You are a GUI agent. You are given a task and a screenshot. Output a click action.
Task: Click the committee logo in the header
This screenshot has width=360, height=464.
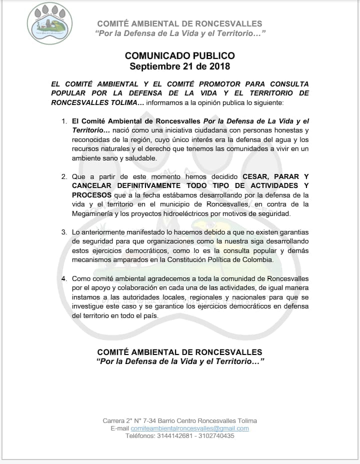point(49,23)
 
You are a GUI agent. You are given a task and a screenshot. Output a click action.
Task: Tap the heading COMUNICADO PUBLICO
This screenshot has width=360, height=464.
point(179,55)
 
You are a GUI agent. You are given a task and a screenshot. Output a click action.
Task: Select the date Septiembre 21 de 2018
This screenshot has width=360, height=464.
point(179,66)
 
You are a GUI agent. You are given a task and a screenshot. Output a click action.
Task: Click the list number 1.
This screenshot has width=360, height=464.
point(63,121)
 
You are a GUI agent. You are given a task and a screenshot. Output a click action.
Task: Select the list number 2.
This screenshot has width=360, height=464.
point(63,176)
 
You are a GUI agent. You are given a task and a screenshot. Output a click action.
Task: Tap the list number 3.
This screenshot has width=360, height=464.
point(63,232)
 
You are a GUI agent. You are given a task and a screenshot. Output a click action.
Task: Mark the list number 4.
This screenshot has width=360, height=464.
point(63,278)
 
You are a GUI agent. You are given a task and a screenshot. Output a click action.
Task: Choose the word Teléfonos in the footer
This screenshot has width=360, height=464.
point(141,436)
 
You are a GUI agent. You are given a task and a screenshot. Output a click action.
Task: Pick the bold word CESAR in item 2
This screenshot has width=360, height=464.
point(255,176)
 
